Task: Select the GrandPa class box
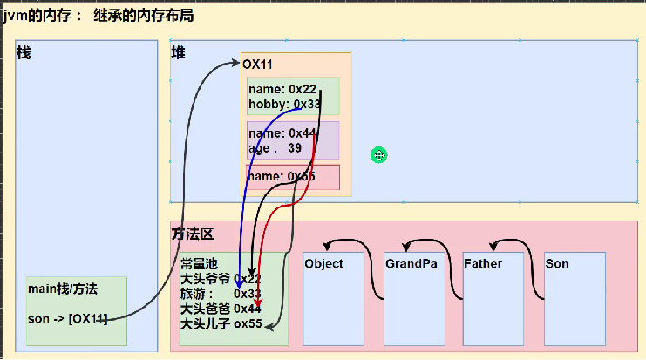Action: point(413,299)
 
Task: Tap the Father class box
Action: point(494,299)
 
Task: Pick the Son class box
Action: point(575,299)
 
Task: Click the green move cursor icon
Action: point(378,155)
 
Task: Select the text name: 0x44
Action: point(282,133)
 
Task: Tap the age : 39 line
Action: point(275,148)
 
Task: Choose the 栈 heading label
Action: point(24,54)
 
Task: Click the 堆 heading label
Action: point(178,54)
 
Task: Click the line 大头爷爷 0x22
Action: point(220,279)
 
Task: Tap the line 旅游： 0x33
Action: point(220,294)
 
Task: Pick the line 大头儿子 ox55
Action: point(220,323)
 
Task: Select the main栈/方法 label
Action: point(63,289)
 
